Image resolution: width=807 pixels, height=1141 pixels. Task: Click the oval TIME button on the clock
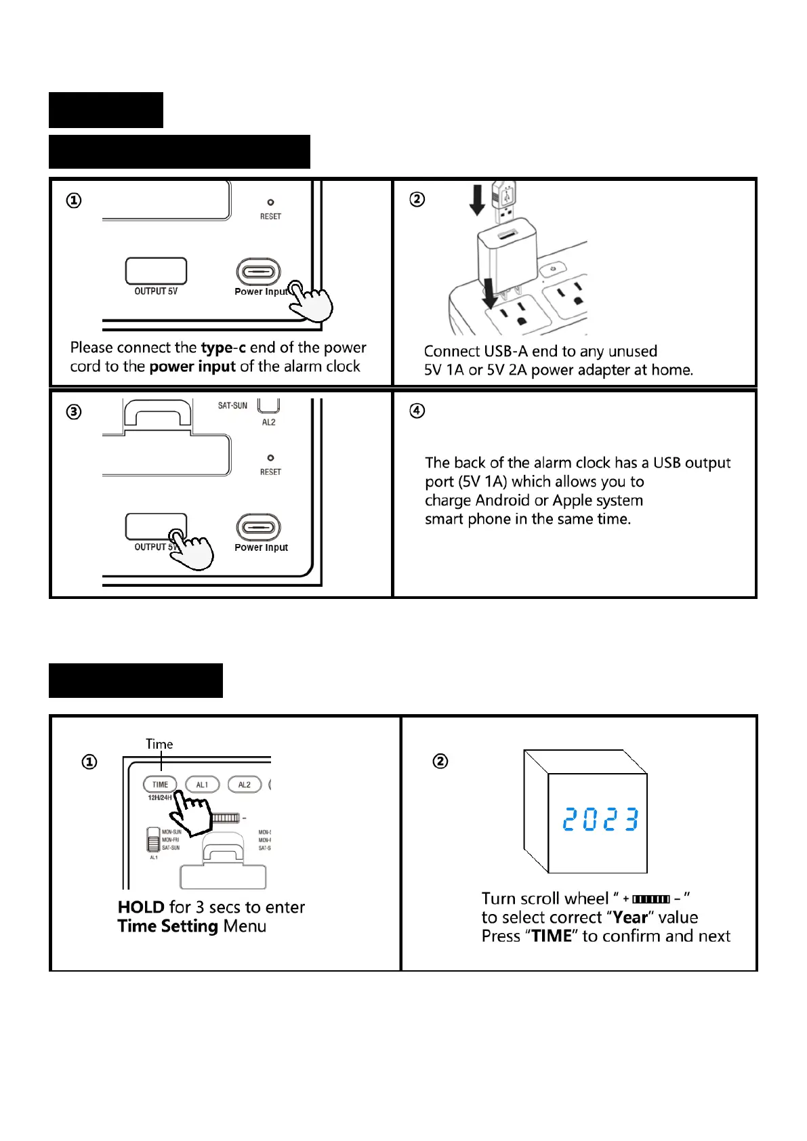pyautogui.click(x=160, y=785)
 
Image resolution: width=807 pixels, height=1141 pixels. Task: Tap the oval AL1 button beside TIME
pyautogui.click(x=202, y=785)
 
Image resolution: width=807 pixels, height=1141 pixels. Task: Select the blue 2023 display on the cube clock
pyautogui.click(x=600, y=820)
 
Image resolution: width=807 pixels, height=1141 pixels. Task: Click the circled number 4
pyautogui.click(x=417, y=411)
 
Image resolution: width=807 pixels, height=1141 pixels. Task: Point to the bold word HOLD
pyautogui.click(x=141, y=907)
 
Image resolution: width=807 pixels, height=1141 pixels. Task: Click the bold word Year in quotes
pyautogui.click(x=630, y=917)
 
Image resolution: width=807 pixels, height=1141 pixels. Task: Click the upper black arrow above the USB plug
pyautogui.click(x=477, y=200)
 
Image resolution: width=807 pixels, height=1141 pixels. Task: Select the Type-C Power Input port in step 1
pyautogui.click(x=258, y=272)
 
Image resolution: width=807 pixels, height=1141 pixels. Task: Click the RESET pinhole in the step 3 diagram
pyautogui.click(x=270, y=458)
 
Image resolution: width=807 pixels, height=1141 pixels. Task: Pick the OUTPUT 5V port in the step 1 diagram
pyautogui.click(x=156, y=271)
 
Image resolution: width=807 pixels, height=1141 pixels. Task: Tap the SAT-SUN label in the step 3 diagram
pyautogui.click(x=232, y=406)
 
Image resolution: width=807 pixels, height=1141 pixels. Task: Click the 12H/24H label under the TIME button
pyautogui.click(x=160, y=798)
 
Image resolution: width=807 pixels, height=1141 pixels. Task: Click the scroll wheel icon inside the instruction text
pyautogui.click(x=650, y=899)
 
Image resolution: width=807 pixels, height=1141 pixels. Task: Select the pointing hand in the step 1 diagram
pyautogui.click(x=311, y=302)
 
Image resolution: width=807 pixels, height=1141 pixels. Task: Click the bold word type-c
pyautogui.click(x=223, y=348)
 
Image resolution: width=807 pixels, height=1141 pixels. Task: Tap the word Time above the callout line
pyautogui.click(x=159, y=744)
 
